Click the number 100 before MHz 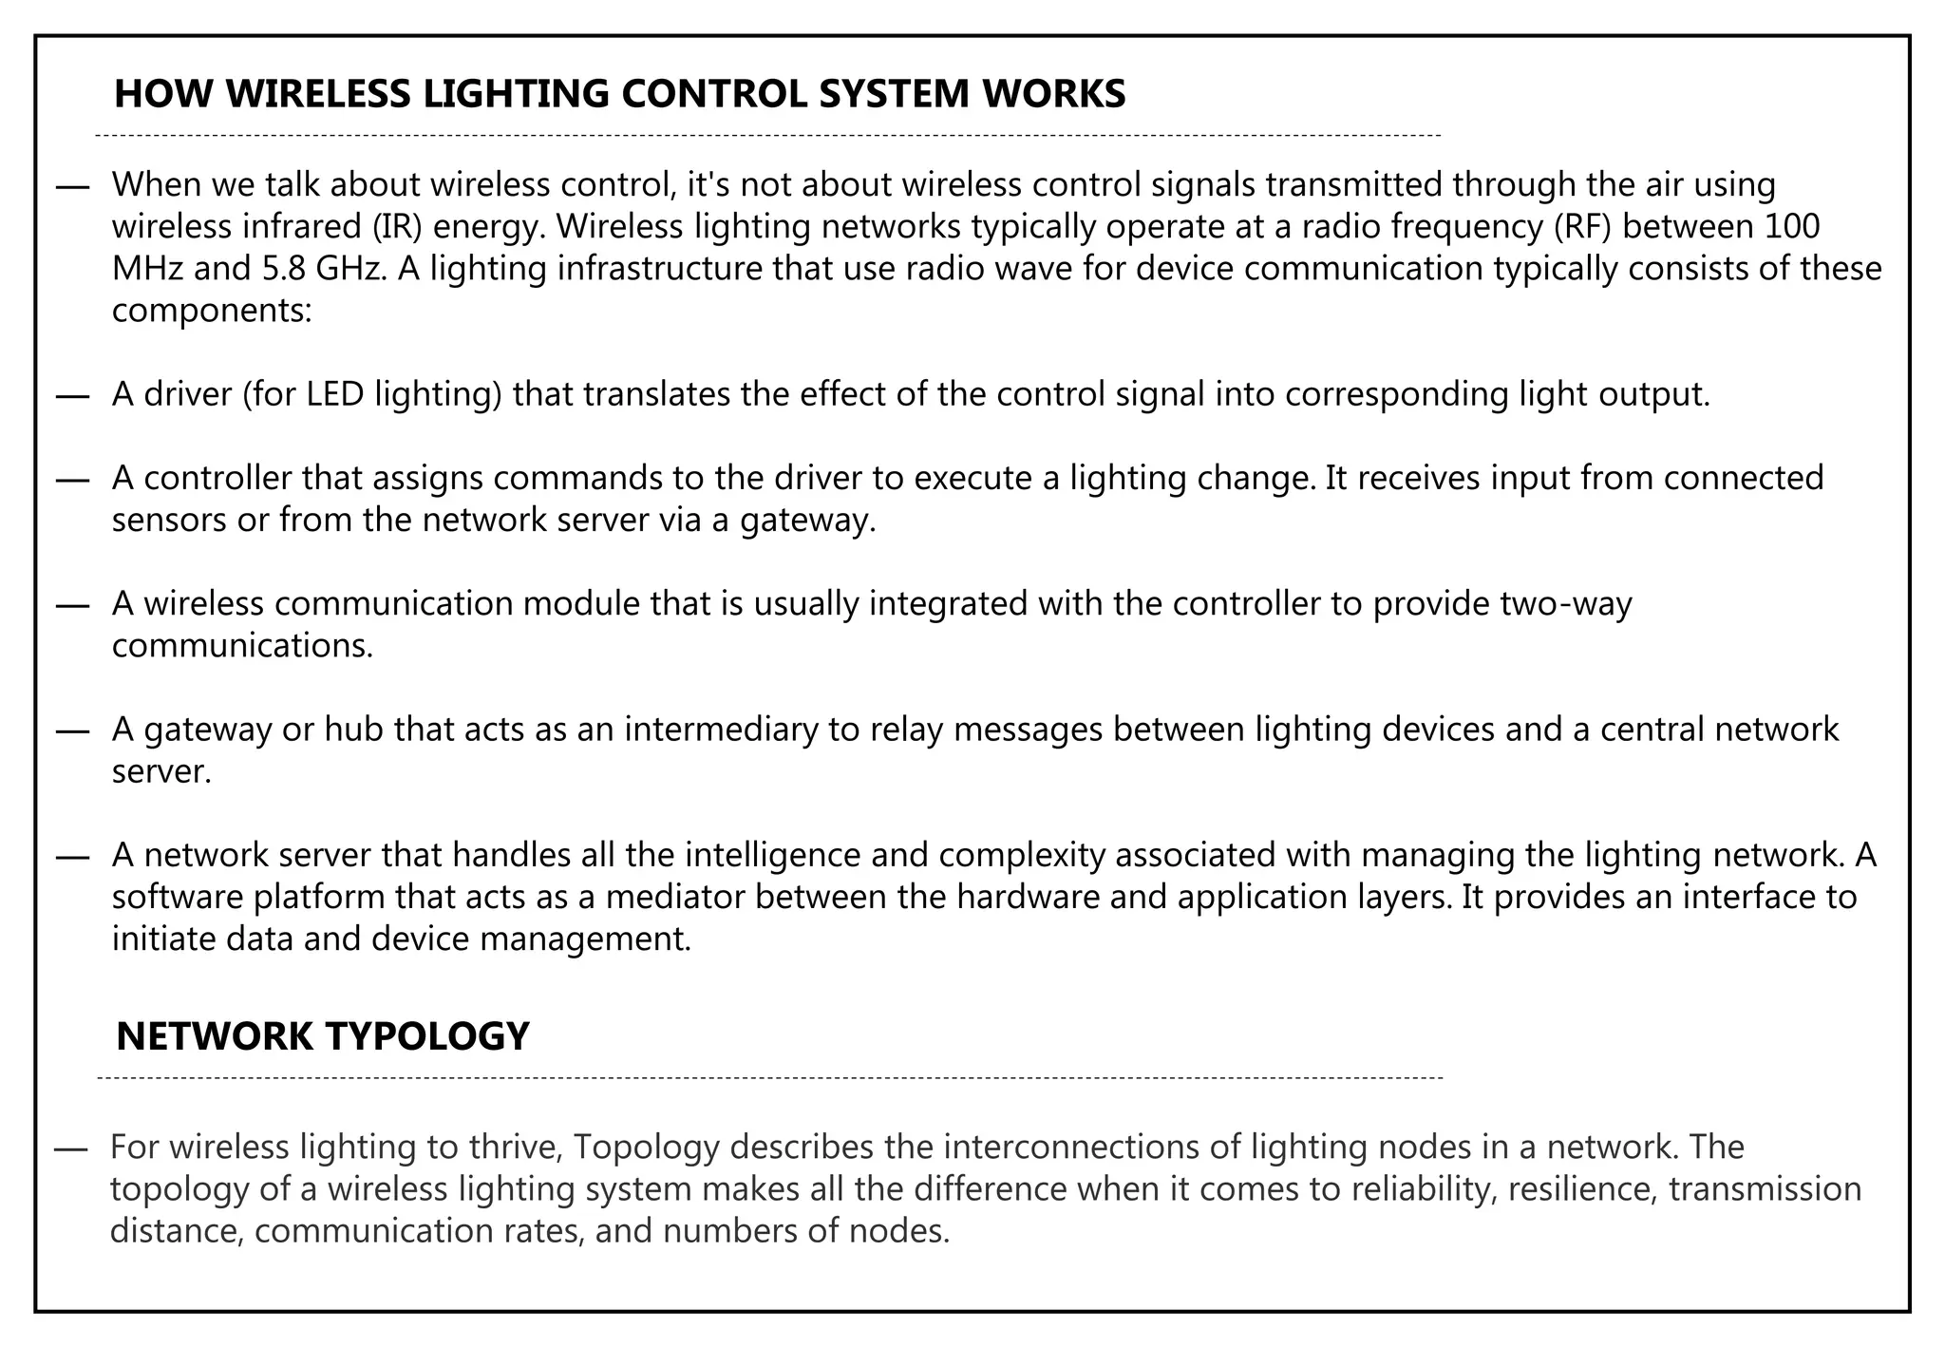[x=1791, y=227]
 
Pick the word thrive [x=517, y=1148]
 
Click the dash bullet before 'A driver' [x=72, y=395]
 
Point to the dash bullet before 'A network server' [x=72, y=856]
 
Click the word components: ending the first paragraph [x=212, y=312]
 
